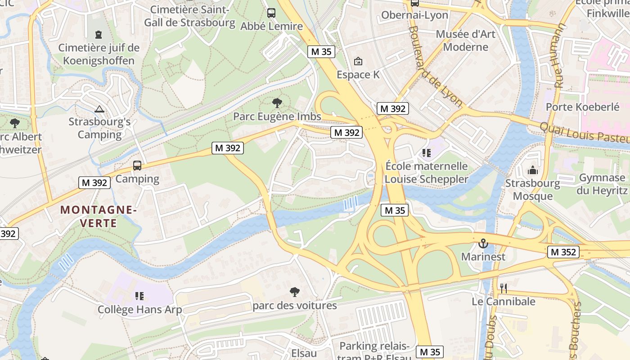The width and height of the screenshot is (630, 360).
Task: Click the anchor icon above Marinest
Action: [x=483, y=243]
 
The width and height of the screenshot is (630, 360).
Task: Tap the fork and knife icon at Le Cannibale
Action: [x=503, y=288]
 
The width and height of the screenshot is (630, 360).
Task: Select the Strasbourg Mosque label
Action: [x=532, y=189]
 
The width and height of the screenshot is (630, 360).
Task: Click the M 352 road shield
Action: [x=563, y=252]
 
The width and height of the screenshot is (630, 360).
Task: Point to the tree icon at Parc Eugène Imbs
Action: [x=277, y=103]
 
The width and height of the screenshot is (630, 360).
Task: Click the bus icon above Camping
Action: [x=137, y=166]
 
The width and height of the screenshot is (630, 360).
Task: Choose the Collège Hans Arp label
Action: [x=140, y=310]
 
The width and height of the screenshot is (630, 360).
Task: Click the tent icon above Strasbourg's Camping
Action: [x=99, y=108]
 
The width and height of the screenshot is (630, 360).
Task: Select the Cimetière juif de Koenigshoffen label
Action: [x=99, y=54]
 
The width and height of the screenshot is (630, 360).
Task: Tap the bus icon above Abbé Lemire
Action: [x=271, y=13]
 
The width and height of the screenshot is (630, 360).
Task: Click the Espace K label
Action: [x=358, y=75]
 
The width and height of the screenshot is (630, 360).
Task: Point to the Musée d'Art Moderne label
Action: [x=465, y=40]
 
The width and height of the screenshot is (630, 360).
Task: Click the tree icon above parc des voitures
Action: [x=295, y=292]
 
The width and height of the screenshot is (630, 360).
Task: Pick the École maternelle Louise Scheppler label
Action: [x=426, y=173]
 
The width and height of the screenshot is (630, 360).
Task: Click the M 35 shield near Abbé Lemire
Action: [x=321, y=52]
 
